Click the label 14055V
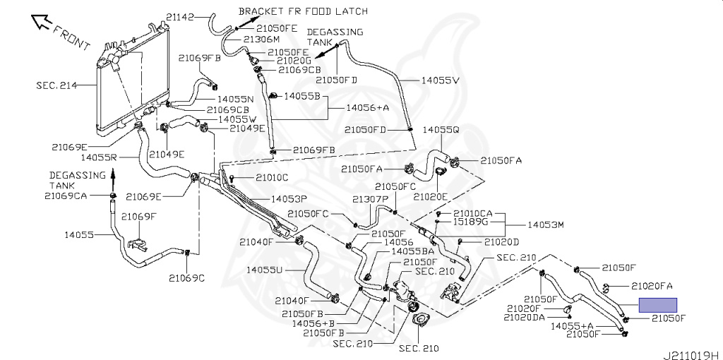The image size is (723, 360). [x=441, y=80]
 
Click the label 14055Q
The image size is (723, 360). [x=441, y=131]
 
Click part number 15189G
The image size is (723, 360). [x=471, y=221]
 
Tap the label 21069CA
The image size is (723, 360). [x=66, y=196]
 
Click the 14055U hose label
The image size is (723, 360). [x=265, y=270]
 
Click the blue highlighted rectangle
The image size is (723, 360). [x=657, y=305]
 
